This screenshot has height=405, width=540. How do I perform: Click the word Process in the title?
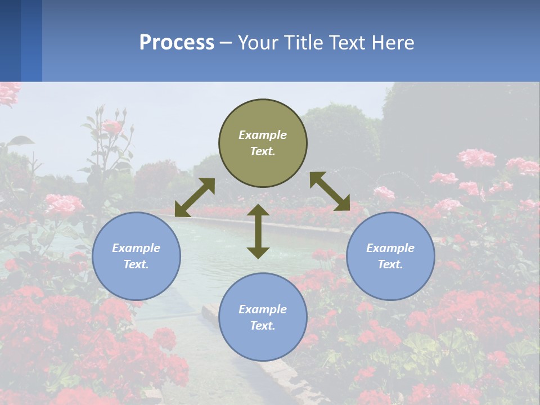pyautogui.click(x=177, y=43)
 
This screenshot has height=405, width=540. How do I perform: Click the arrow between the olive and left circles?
pyautogui.click(x=195, y=197)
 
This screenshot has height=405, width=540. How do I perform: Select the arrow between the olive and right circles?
pyautogui.click(x=330, y=191)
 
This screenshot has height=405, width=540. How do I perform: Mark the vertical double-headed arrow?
pyautogui.click(x=258, y=231)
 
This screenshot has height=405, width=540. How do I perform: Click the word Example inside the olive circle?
pyautogui.click(x=263, y=135)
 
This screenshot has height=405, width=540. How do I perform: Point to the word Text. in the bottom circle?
pyautogui.click(x=263, y=326)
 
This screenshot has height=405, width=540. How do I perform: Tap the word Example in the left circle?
pyautogui.click(x=136, y=248)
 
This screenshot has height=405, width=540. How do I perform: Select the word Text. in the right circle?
pyautogui.click(x=390, y=264)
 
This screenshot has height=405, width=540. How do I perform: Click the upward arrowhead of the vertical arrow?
pyautogui.click(x=258, y=210)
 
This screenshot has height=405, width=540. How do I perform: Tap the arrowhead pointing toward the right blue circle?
pyautogui.click(x=343, y=204)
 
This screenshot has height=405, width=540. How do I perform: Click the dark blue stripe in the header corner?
pyautogui.click(x=10, y=40)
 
